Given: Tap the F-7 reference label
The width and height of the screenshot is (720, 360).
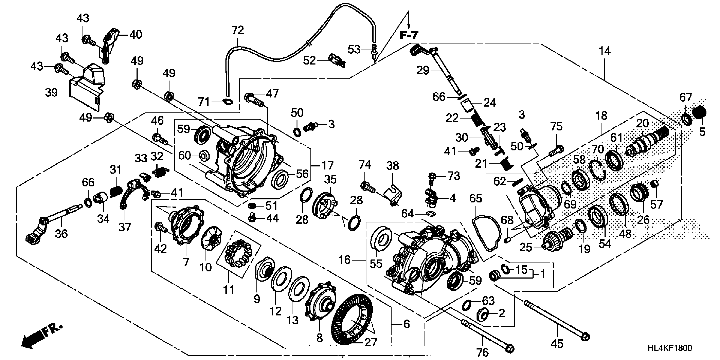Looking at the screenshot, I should point(409,35).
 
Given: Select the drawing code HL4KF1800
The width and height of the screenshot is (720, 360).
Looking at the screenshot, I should point(670,348).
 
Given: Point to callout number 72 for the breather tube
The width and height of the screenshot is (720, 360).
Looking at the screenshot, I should point(238,30).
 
